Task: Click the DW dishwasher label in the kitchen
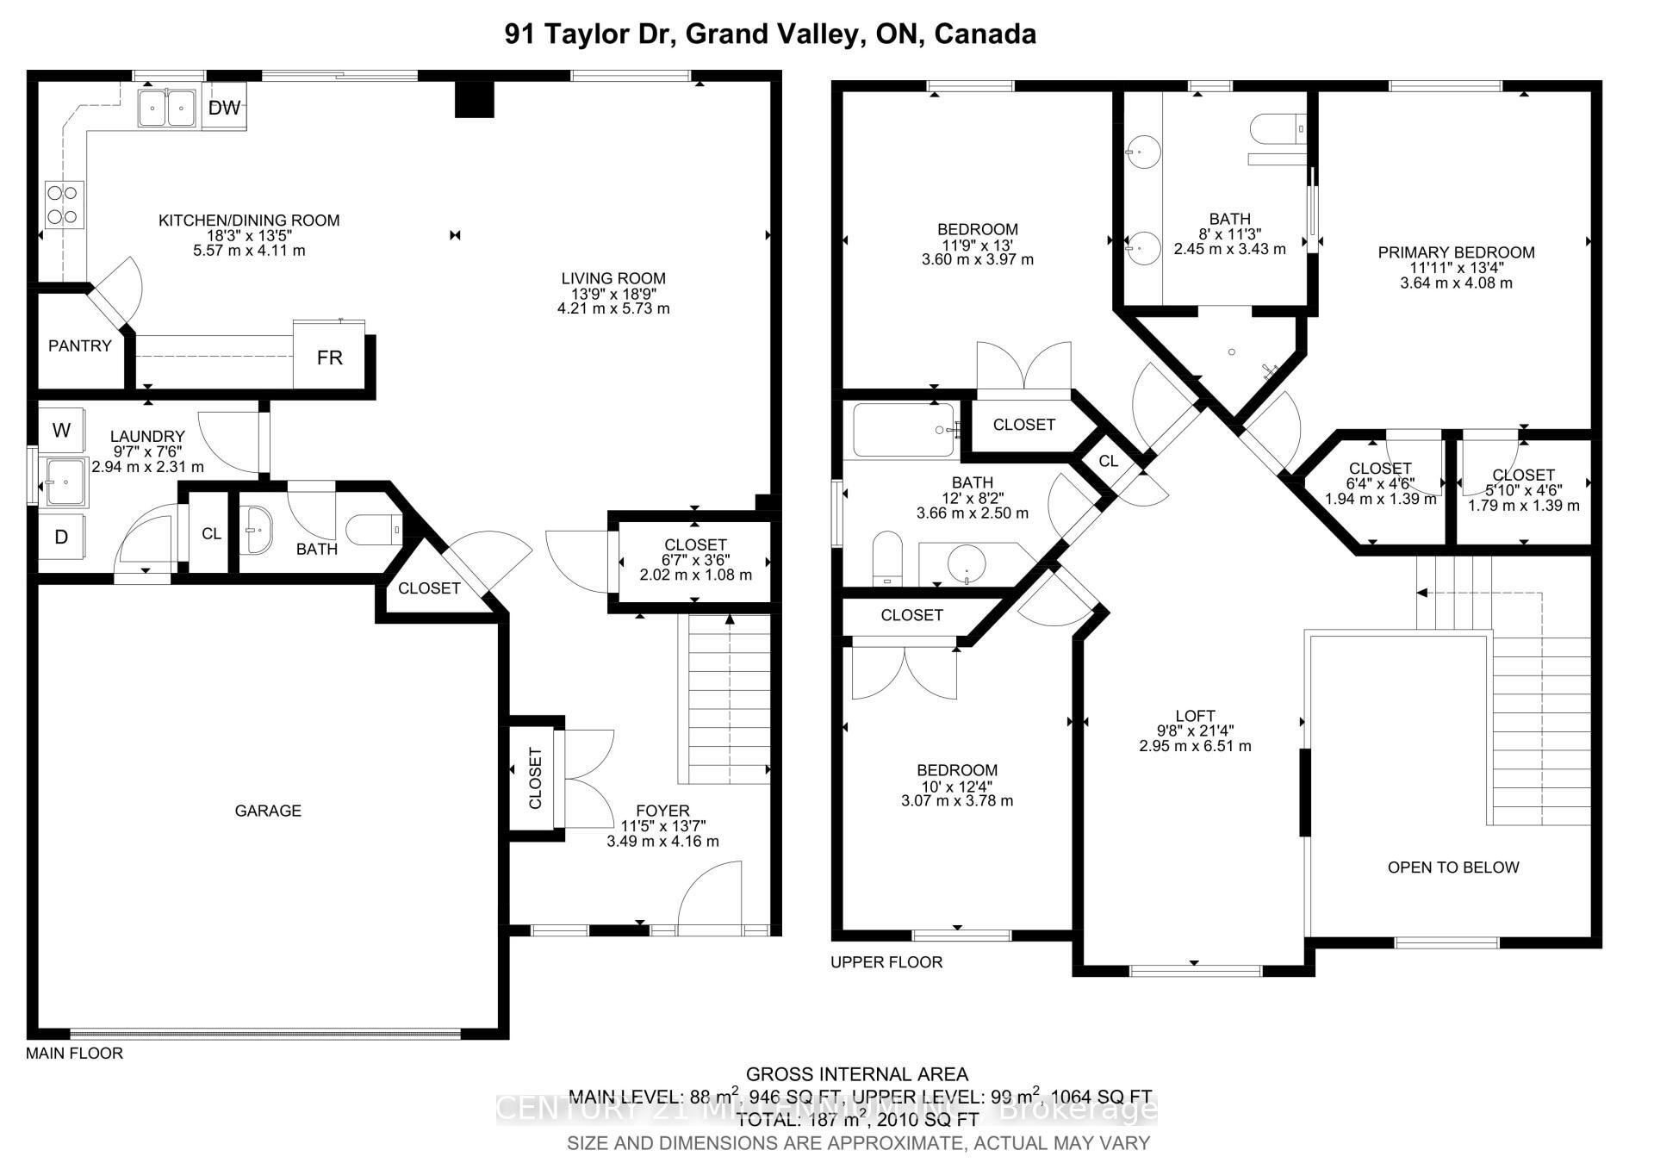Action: coord(224,108)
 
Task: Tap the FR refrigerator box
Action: coord(329,357)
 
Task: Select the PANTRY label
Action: coord(79,345)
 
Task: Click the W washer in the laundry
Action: coord(61,430)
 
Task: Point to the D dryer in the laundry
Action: coord(61,537)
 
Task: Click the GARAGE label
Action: coord(268,810)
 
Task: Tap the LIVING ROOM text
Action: coord(613,278)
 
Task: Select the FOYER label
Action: coord(662,810)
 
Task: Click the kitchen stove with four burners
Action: coord(65,204)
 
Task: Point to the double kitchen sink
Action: coord(167,109)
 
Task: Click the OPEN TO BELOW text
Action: coord(1452,867)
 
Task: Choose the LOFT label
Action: coord(1195,715)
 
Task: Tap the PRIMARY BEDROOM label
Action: coord(1456,252)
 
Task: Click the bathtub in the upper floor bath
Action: coord(903,430)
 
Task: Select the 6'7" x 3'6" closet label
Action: coord(695,560)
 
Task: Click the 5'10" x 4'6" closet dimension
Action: coord(1523,490)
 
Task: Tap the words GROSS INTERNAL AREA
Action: coord(856,1073)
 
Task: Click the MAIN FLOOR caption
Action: coord(74,1053)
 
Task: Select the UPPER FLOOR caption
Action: coord(886,961)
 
